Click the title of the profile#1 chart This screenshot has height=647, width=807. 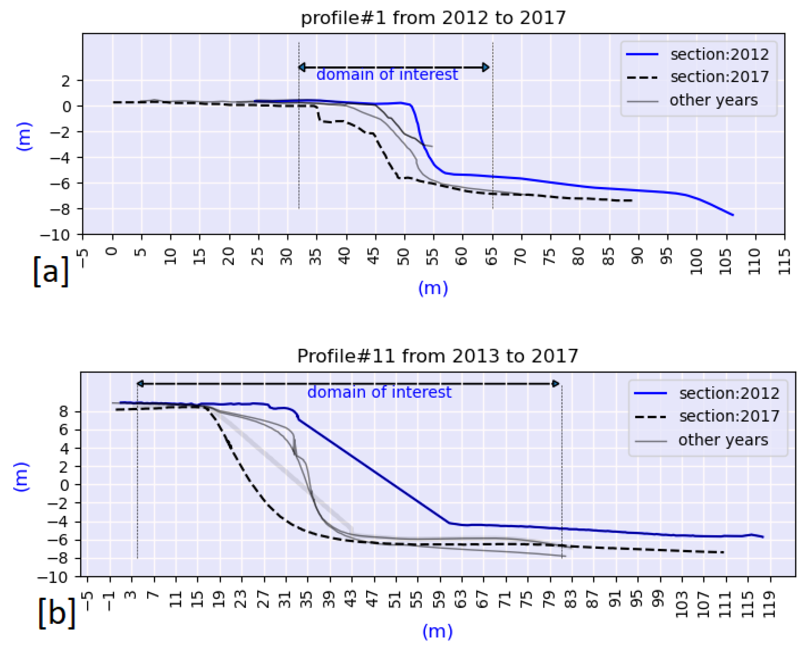[433, 18]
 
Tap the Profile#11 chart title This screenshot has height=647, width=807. [437, 355]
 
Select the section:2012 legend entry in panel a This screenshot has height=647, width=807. [719, 55]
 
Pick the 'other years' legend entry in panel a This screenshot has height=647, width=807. [713, 101]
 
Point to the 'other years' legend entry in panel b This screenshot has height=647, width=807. [723, 440]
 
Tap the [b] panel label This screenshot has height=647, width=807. [57, 613]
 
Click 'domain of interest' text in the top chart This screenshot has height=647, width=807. [387, 74]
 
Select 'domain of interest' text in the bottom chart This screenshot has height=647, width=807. [379, 392]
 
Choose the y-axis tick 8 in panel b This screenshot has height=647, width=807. [65, 412]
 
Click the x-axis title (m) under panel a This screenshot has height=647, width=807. [433, 288]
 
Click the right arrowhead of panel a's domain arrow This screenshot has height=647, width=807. [486, 67]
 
